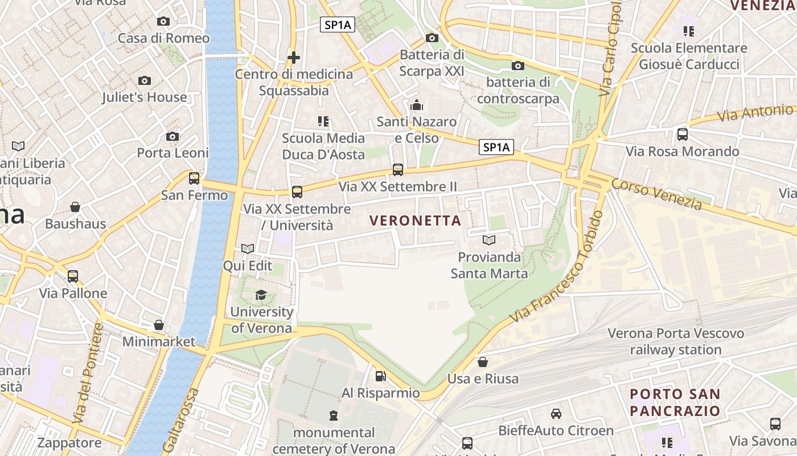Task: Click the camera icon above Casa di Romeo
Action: pyautogui.click(x=163, y=22)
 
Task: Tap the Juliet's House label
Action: pyautogui.click(x=144, y=97)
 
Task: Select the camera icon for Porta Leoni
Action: pyautogui.click(x=172, y=137)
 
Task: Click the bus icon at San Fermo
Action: pyautogui.click(x=194, y=178)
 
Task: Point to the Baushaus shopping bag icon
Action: pyautogui.click(x=75, y=207)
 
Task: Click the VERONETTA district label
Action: pyautogui.click(x=415, y=221)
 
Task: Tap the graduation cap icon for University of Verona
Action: pyautogui.click(x=261, y=295)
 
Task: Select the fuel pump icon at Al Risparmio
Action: pyautogui.click(x=380, y=376)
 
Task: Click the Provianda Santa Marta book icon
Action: pyautogui.click(x=488, y=240)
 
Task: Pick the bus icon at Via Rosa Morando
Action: pyautogui.click(x=682, y=135)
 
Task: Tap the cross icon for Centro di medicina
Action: pyautogui.click(x=293, y=57)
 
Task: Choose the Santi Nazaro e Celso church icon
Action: pyautogui.click(x=417, y=105)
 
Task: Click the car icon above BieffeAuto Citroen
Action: pyautogui.click(x=556, y=414)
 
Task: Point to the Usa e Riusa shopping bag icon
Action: pyautogui.click(x=482, y=362)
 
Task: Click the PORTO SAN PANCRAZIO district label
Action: pyautogui.click(x=675, y=402)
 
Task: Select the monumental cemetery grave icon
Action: pyautogui.click(x=334, y=416)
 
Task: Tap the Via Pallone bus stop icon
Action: pyautogui.click(x=73, y=276)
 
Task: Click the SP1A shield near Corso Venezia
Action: pyautogui.click(x=496, y=148)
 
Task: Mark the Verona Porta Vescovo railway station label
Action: pyautogui.click(x=675, y=341)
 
